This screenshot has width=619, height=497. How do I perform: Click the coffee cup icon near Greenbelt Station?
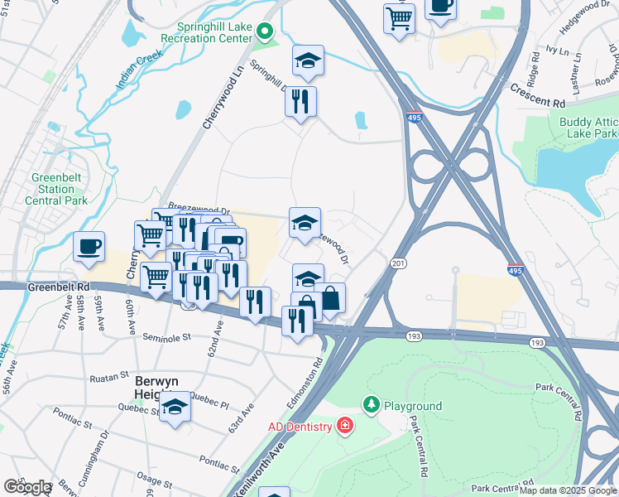point(89,247)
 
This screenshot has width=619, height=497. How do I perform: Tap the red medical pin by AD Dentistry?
point(343,427)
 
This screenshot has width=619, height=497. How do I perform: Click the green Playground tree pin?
point(372,405)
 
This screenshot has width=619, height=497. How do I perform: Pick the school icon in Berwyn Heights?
point(174,407)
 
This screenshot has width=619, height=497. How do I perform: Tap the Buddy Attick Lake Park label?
point(588,128)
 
